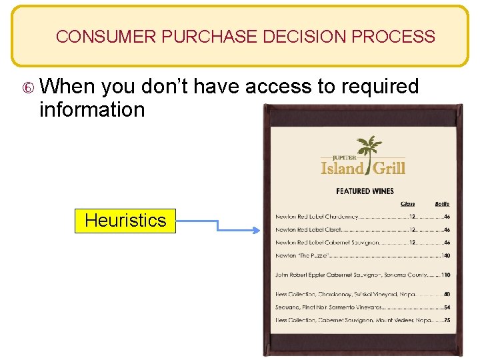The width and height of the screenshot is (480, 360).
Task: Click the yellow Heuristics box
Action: (x=125, y=221)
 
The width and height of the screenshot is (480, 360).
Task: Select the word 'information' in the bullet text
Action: (x=92, y=109)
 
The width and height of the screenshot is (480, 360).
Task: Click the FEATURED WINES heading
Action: (x=365, y=191)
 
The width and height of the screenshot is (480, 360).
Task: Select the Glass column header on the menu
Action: (x=407, y=204)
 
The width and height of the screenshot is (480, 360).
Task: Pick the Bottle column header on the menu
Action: (x=442, y=204)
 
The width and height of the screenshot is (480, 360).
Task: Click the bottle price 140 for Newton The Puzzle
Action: (x=445, y=256)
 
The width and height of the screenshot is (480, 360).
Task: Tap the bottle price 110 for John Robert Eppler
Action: (x=445, y=275)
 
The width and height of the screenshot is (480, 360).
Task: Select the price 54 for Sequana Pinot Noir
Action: (x=447, y=307)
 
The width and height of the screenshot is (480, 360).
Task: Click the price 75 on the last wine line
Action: (x=447, y=321)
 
